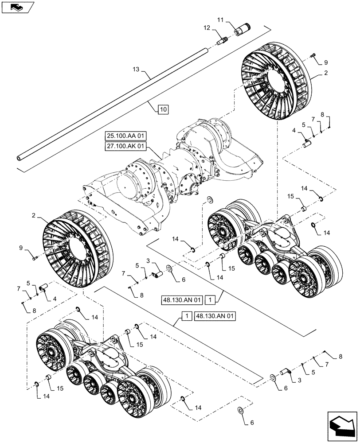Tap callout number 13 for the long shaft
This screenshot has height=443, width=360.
click(x=136, y=69)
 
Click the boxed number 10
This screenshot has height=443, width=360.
click(x=163, y=109)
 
